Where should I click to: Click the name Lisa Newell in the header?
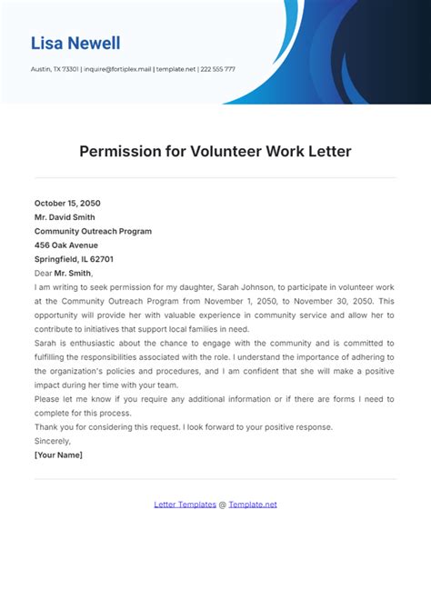[75, 43]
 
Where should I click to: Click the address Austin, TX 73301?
[54, 69]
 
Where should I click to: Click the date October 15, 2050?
[68, 203]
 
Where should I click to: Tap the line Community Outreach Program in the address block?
[93, 231]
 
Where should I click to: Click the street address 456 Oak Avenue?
[65, 245]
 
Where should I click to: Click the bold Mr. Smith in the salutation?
[73, 273]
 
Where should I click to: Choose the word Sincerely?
[53, 441]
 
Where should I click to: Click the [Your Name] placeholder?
[57, 455]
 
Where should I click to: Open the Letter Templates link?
[185, 505]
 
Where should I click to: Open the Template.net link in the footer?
[253, 505]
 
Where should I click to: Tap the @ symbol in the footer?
[223, 505]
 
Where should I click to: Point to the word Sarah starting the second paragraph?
[45, 343]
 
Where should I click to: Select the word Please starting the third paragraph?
[46, 399]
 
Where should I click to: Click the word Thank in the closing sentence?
[45, 427]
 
